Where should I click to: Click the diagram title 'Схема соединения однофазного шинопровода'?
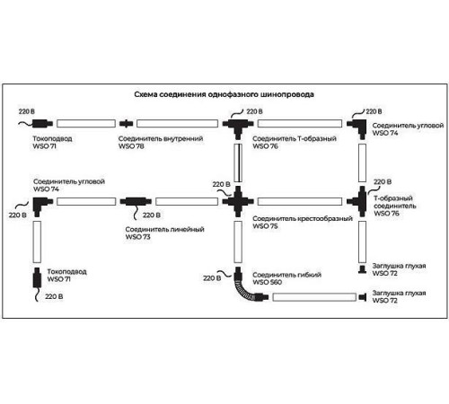pyautogui.click(x=224, y=94)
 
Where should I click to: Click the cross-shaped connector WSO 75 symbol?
pyautogui.click(x=238, y=201)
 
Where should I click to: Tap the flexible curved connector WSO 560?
pyautogui.click(x=249, y=286)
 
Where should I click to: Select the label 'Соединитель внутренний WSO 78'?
pyautogui.click(x=161, y=143)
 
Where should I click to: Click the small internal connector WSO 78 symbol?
pyautogui.click(x=126, y=123)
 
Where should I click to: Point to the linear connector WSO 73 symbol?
pyautogui.click(x=136, y=201)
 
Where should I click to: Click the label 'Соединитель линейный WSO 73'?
pyautogui.click(x=164, y=233)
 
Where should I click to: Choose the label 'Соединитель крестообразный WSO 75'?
pyautogui.click(x=303, y=223)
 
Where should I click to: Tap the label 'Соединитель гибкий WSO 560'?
pyautogui.click(x=286, y=278)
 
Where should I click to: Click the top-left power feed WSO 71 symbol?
pyautogui.click(x=42, y=123)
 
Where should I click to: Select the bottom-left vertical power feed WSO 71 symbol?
pyautogui.click(x=37, y=277)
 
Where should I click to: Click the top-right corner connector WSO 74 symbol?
pyautogui.click(x=357, y=127)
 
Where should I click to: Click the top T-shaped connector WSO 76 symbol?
pyautogui.click(x=238, y=127)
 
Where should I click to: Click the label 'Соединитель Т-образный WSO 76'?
pyautogui.click(x=295, y=143)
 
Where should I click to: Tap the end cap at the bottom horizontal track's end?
pyautogui.click(x=363, y=297)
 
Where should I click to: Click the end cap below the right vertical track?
pyautogui.click(x=362, y=269)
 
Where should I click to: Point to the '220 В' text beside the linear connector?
pyautogui.click(x=152, y=215)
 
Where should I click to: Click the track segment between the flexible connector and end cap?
pyautogui.click(x=314, y=297)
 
